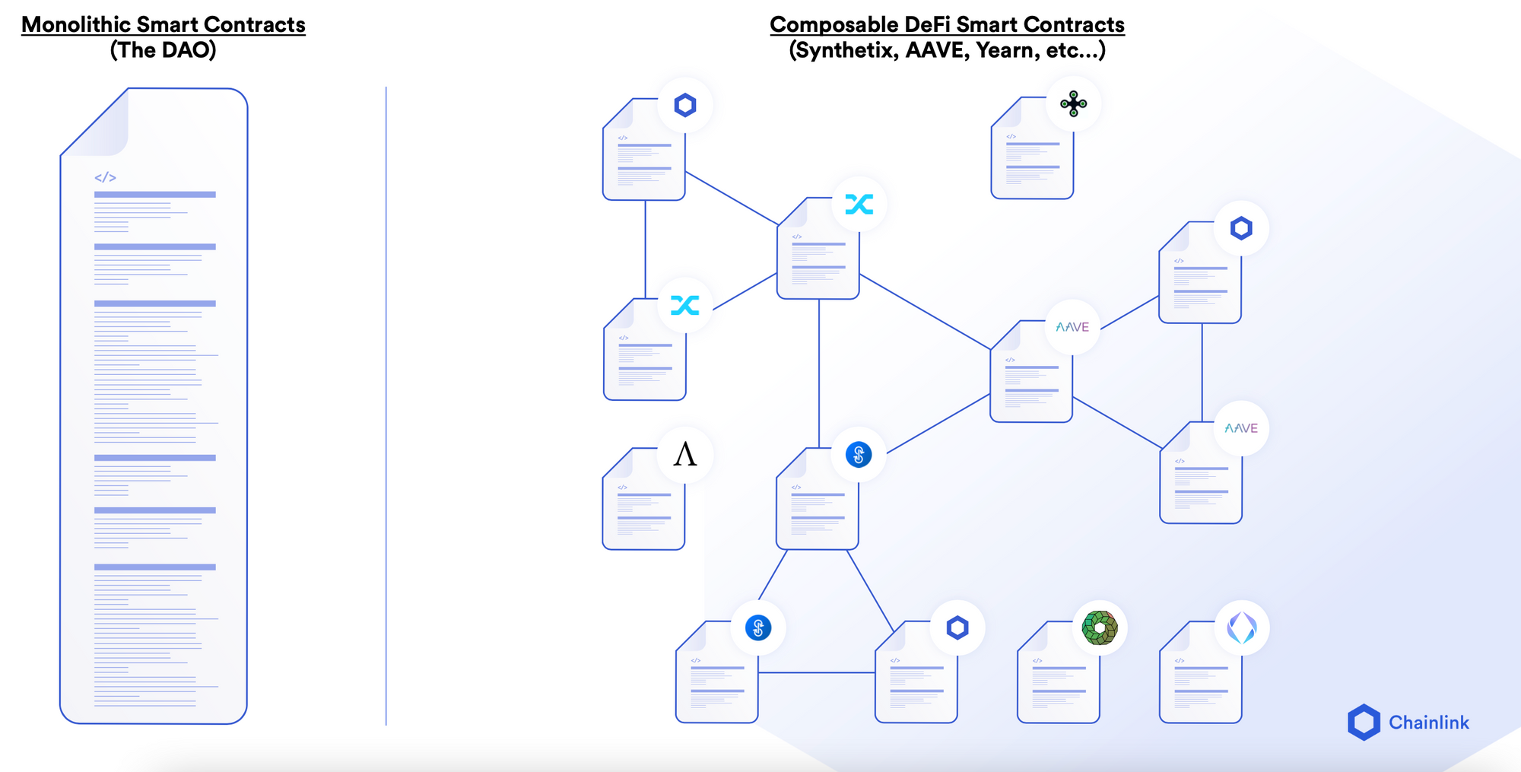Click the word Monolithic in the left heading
[x=76, y=24]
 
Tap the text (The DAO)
[x=163, y=50]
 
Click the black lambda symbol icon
[x=685, y=455]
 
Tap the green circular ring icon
[x=1100, y=628]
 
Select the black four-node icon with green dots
[x=1073, y=104]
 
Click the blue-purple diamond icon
[x=1242, y=628]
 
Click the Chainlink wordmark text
[x=1429, y=723]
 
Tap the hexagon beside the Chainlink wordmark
[x=1364, y=723]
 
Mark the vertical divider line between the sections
[x=386, y=403]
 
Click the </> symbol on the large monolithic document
[x=105, y=177]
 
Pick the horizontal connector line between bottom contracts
[x=816, y=672]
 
